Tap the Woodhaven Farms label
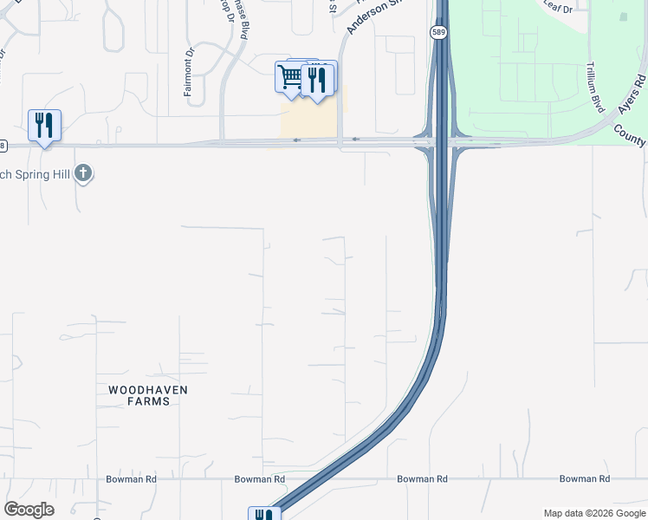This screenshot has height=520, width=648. click(148, 395)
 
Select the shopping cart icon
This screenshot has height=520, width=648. click(289, 77)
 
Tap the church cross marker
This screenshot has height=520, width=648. click(83, 173)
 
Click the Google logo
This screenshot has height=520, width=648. click(29, 510)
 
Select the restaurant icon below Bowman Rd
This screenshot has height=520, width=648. click(263, 515)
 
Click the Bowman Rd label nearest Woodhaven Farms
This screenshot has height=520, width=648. click(131, 478)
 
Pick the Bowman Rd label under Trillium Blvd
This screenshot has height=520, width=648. click(585, 478)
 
